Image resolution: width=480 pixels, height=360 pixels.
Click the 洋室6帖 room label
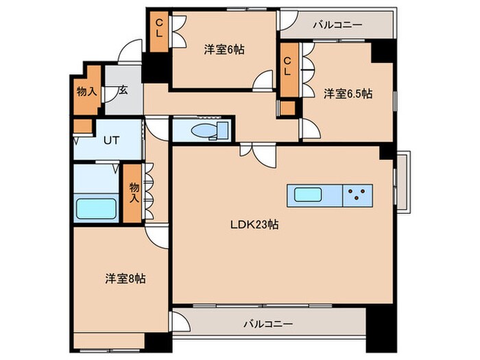pos(225,49)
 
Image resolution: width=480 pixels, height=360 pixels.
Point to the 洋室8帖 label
pos(125,278)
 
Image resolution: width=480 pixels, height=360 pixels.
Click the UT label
pos(111,141)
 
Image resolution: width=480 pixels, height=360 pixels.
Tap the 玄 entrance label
pos(122,90)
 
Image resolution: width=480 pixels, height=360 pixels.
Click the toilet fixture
pos(204,130)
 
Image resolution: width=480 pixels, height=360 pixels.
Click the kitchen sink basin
pos(312,195)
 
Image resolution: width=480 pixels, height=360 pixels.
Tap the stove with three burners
pos(357,195)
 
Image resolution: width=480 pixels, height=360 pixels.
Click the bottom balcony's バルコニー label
pos(269,322)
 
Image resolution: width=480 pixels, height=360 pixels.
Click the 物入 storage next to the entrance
pos(86,91)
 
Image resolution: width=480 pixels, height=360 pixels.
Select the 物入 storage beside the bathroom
pos(134,193)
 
